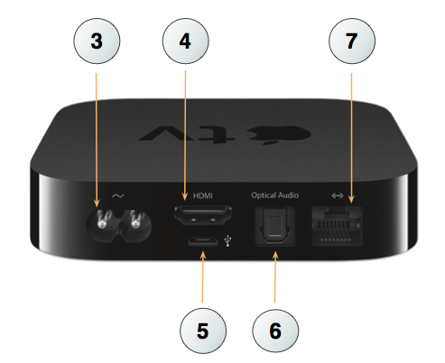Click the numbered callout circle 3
97,41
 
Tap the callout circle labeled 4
185,41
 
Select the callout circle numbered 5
203,331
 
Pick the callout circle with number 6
275,331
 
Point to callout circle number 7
352,41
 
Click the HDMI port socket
203,215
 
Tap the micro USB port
203,241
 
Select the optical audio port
274,226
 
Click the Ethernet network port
337,226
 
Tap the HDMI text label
203,196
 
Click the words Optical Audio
275,195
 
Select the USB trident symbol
228,240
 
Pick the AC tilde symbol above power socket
117,195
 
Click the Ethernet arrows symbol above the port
338,195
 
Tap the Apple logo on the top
279,134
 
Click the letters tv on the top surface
187,134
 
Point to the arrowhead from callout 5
203,256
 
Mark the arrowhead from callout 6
275,257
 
